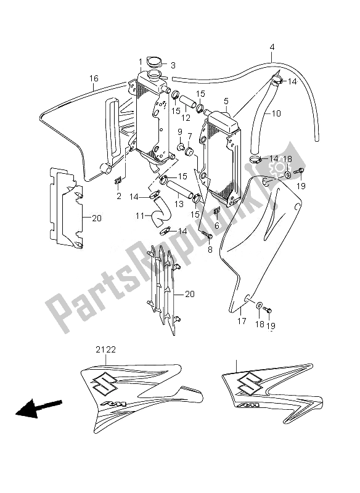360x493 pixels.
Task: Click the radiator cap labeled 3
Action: [x=155, y=62]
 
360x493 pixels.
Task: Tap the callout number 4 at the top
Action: [x=272, y=47]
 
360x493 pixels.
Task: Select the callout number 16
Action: [x=94, y=78]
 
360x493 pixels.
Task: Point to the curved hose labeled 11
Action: [x=161, y=214]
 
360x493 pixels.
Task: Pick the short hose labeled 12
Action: [x=188, y=102]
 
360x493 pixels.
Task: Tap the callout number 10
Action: [x=276, y=113]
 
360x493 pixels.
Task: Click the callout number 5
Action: [x=226, y=101]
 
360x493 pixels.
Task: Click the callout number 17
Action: [x=242, y=321]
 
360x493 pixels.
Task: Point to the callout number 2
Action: [x=118, y=197]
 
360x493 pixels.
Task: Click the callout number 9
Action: [x=180, y=131]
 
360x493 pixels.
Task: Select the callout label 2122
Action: [x=105, y=349]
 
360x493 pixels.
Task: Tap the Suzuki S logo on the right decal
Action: [x=249, y=382]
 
